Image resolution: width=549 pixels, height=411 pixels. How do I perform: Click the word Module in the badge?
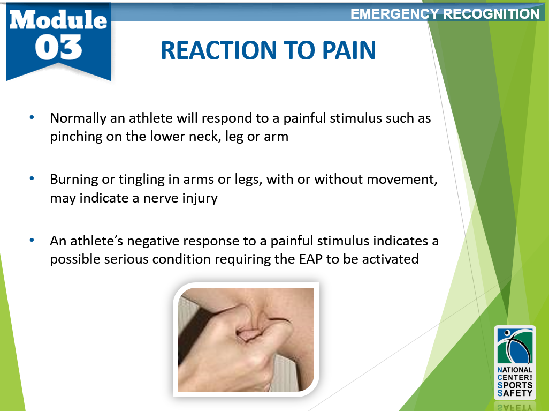click(58, 20)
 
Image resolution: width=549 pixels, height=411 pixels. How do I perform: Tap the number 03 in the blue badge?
click(58, 48)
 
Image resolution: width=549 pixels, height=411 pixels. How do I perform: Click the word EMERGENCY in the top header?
click(395, 14)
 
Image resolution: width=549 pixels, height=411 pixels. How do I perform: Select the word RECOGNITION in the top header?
click(491, 14)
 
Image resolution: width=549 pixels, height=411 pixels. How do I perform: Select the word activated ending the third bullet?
click(391, 259)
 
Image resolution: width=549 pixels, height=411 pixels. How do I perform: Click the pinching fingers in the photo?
click(251, 327)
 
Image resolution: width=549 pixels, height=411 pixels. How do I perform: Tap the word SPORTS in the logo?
click(515, 385)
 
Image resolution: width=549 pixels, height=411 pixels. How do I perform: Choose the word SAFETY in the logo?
click(515, 393)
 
